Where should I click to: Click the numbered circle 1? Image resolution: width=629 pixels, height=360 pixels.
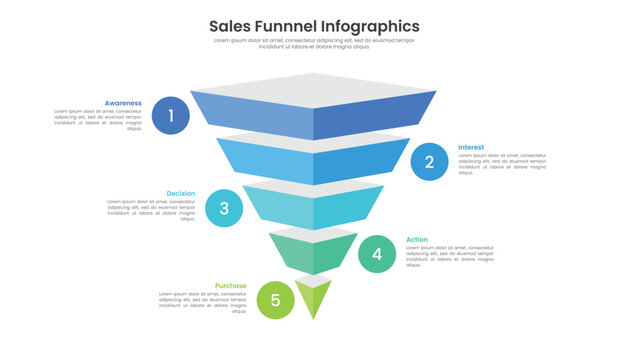click(171, 116)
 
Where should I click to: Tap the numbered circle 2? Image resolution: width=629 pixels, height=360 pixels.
click(429, 161)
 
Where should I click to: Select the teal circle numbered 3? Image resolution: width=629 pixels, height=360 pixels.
click(224, 208)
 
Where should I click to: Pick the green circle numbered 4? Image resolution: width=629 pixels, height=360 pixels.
click(377, 254)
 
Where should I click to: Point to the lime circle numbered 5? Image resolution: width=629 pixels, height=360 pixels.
click(275, 300)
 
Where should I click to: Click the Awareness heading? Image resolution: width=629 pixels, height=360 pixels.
click(123, 102)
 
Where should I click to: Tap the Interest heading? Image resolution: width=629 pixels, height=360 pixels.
click(471, 147)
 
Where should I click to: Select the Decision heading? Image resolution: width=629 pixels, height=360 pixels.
click(181, 193)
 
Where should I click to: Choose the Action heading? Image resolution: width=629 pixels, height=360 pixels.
click(417, 239)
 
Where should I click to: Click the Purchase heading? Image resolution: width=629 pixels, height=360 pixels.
click(230, 285)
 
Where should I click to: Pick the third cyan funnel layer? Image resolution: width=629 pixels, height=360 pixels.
click(314, 208)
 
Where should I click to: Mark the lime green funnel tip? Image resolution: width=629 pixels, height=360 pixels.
click(314, 297)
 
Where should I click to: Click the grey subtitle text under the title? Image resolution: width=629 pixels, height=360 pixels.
click(314, 43)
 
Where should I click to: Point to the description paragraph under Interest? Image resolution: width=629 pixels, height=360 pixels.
click(502, 164)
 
